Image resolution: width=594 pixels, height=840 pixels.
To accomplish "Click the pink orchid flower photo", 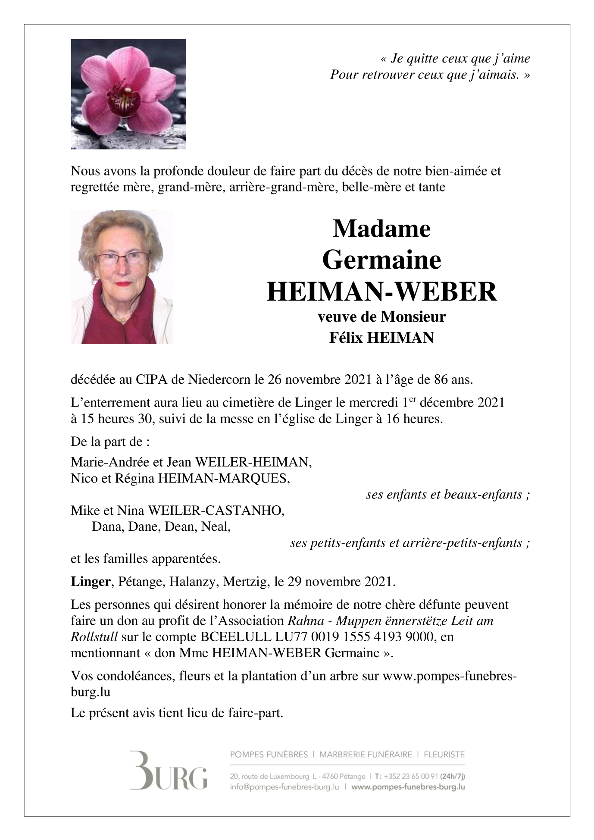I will [128, 94].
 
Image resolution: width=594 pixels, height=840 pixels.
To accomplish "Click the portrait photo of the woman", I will [122, 277].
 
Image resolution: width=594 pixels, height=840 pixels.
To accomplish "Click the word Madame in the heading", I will [381, 229].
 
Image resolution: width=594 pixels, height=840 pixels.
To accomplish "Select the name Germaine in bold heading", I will [381, 260].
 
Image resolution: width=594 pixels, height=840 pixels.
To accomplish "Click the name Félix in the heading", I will [346, 337].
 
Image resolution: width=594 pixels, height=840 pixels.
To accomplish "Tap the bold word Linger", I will [91, 582].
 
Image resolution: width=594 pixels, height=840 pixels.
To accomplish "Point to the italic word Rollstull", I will [94, 636].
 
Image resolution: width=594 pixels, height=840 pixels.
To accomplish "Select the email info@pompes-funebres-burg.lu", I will [284, 787].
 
